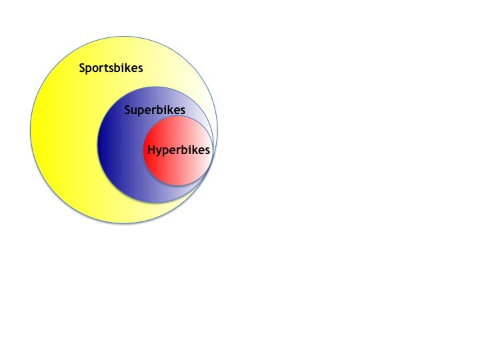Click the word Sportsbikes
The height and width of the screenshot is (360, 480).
(111, 68)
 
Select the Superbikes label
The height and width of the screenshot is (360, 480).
(155, 110)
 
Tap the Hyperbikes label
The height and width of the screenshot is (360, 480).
(179, 150)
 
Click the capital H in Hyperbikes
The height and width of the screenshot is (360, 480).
(151, 150)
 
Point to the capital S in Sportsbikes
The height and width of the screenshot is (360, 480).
(82, 67)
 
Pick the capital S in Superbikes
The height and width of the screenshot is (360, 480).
(127, 109)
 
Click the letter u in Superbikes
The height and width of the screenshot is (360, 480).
(135, 111)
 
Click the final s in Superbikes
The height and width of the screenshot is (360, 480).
(183, 111)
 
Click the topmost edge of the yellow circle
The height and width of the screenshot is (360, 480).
(124, 37)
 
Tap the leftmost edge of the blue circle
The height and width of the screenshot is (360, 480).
(97, 145)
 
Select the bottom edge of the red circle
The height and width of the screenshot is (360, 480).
(178, 185)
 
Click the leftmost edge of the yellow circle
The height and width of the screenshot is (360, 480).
(31, 130)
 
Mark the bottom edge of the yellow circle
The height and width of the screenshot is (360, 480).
(124, 223)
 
